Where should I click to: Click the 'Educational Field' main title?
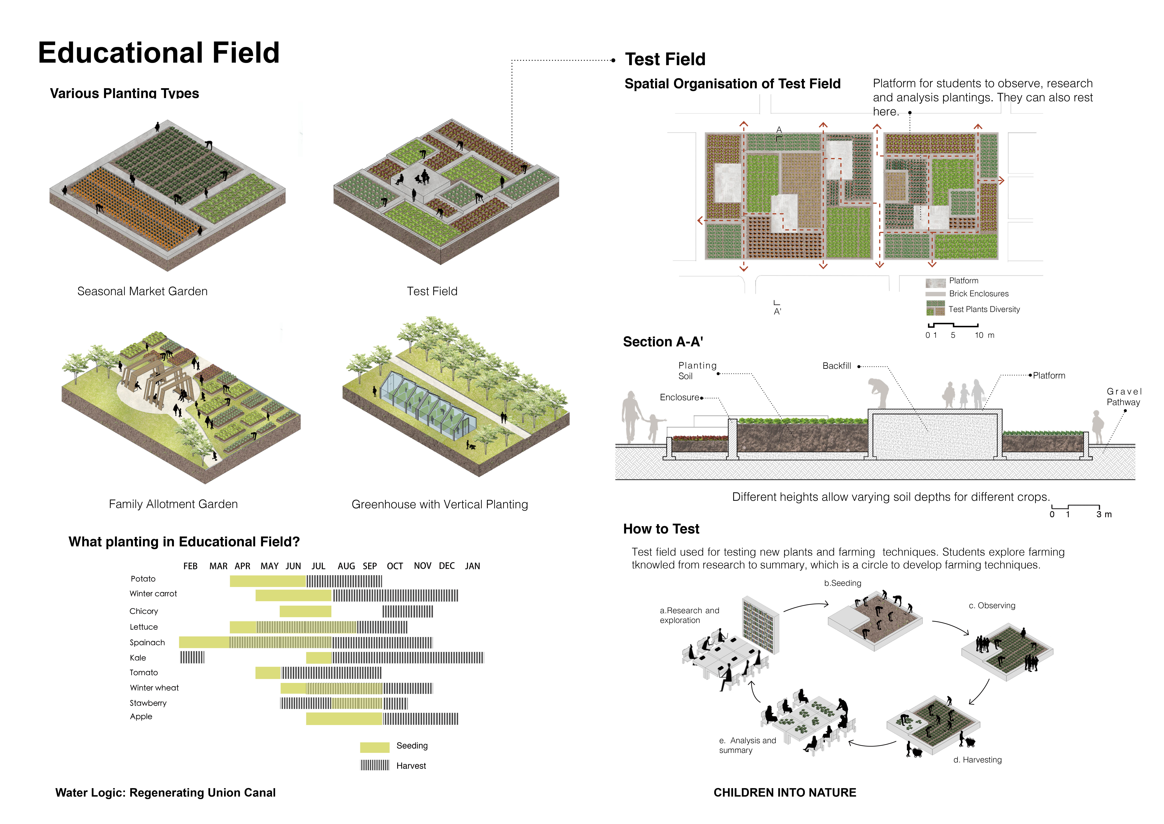pyautogui.click(x=159, y=53)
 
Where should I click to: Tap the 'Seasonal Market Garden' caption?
pyautogui.click(x=143, y=291)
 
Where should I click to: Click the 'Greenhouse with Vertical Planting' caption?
pyautogui.click(x=440, y=504)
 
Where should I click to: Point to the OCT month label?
pyautogui.click(x=395, y=566)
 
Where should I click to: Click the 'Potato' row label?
pyautogui.click(x=143, y=579)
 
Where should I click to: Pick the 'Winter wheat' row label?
pyautogui.click(x=154, y=687)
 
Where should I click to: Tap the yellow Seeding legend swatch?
pyautogui.click(x=375, y=747)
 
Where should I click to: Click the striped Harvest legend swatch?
pyautogui.click(x=375, y=765)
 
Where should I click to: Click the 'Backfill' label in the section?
pyautogui.click(x=836, y=366)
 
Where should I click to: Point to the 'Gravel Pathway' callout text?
pyautogui.click(x=1123, y=397)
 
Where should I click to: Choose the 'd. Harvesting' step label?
pyautogui.click(x=977, y=760)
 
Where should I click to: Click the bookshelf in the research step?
pyautogui.click(x=760, y=625)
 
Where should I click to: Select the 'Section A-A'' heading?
pyautogui.click(x=663, y=342)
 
